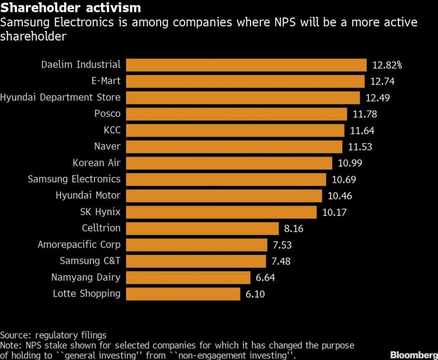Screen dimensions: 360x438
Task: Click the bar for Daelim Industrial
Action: [245, 65]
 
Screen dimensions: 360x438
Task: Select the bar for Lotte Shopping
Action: [183, 293]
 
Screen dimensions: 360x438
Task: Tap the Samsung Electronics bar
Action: [225, 179]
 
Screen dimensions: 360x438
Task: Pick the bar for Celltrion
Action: [202, 228]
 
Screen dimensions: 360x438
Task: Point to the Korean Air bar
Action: [229, 163]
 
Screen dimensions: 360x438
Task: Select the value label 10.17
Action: [334, 212]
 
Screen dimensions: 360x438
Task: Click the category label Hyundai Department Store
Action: [61, 97]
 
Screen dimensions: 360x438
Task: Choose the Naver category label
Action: [107, 146]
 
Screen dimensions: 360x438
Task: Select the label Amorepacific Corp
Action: [79, 244]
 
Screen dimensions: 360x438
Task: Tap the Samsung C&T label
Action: [90, 261]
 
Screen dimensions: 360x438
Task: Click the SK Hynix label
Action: [100, 212]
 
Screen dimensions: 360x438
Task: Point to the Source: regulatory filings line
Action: [53, 335]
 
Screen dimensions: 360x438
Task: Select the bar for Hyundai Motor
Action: [224, 195]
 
